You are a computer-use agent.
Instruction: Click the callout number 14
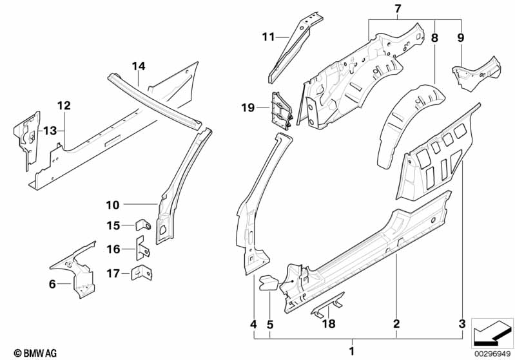coord(139,66)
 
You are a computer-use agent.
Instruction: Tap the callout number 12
coord(63,105)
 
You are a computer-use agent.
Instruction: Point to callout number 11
coord(269,36)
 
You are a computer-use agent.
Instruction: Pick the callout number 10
coord(113,205)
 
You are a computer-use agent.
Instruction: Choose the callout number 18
coord(329,325)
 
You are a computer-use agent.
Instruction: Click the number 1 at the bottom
coord(351,351)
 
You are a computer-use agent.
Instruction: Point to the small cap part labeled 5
coord(268,281)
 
